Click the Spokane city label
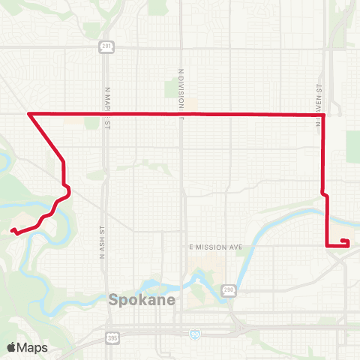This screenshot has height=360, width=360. coord(142,300)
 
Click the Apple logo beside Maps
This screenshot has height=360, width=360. coord(12,347)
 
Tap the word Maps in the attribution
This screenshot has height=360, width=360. coord(33,347)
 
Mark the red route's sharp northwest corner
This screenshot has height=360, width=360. coord(28,113)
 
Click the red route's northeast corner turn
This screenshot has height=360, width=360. coord(323,115)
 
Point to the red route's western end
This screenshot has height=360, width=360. coord(12,232)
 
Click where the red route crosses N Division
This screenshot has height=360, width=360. coord(181,114)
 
